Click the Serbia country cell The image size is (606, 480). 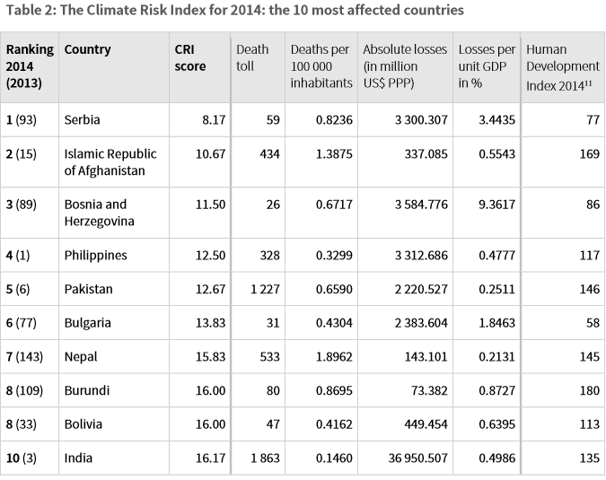[x=83, y=119]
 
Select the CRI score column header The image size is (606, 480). [x=189, y=57]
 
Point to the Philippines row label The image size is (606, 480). [x=95, y=255]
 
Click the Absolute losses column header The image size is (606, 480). [x=404, y=65]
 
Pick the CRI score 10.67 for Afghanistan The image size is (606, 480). [x=210, y=153]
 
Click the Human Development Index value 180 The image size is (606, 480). [x=588, y=390]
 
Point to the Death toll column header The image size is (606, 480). [x=251, y=57]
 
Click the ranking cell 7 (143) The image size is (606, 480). [x=26, y=356]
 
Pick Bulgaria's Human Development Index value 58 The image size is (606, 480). [x=592, y=322]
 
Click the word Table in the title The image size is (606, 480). [x=24, y=11]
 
